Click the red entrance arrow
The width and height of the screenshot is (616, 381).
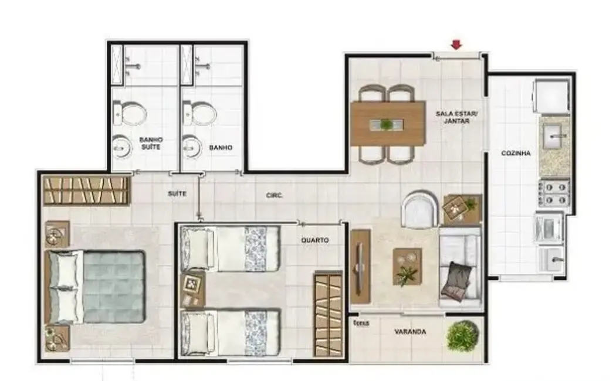(456, 45)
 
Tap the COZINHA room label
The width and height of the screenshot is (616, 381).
(516, 154)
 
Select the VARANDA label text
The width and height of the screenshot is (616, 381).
(409, 332)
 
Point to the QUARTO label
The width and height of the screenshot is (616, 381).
(314, 240)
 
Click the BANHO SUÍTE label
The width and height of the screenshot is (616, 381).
(150, 144)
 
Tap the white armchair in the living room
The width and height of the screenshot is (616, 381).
(419, 210)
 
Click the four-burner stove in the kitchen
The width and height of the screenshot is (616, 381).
(553, 193)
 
